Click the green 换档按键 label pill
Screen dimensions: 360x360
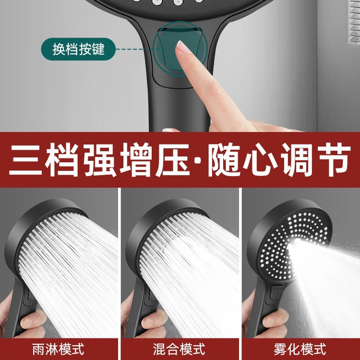coord(78,49)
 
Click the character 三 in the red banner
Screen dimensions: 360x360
coord(25,159)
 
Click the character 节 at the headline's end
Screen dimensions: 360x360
coord(333,159)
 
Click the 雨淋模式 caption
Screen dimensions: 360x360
coord(58,349)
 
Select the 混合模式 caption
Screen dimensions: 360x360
coord(179,349)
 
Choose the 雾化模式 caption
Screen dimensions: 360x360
coord(300,349)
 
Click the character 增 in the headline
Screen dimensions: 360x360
coord(137,159)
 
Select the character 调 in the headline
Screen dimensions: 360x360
coord(297,159)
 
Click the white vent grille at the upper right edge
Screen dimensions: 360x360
coord(355,21)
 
